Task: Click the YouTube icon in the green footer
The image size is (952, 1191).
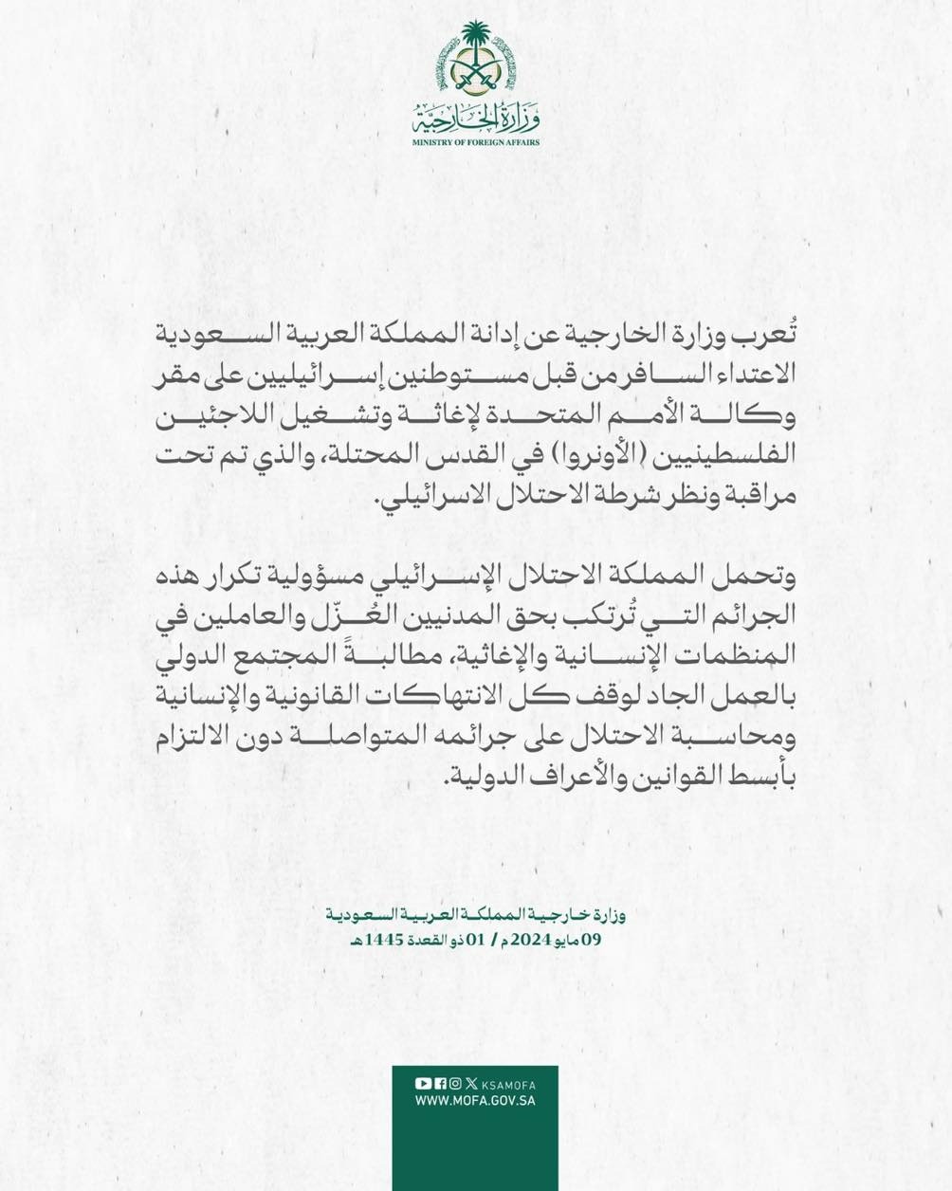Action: click(421, 1084)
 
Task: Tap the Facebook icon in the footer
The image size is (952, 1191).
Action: click(438, 1084)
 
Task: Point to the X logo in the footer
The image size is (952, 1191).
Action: click(471, 1084)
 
